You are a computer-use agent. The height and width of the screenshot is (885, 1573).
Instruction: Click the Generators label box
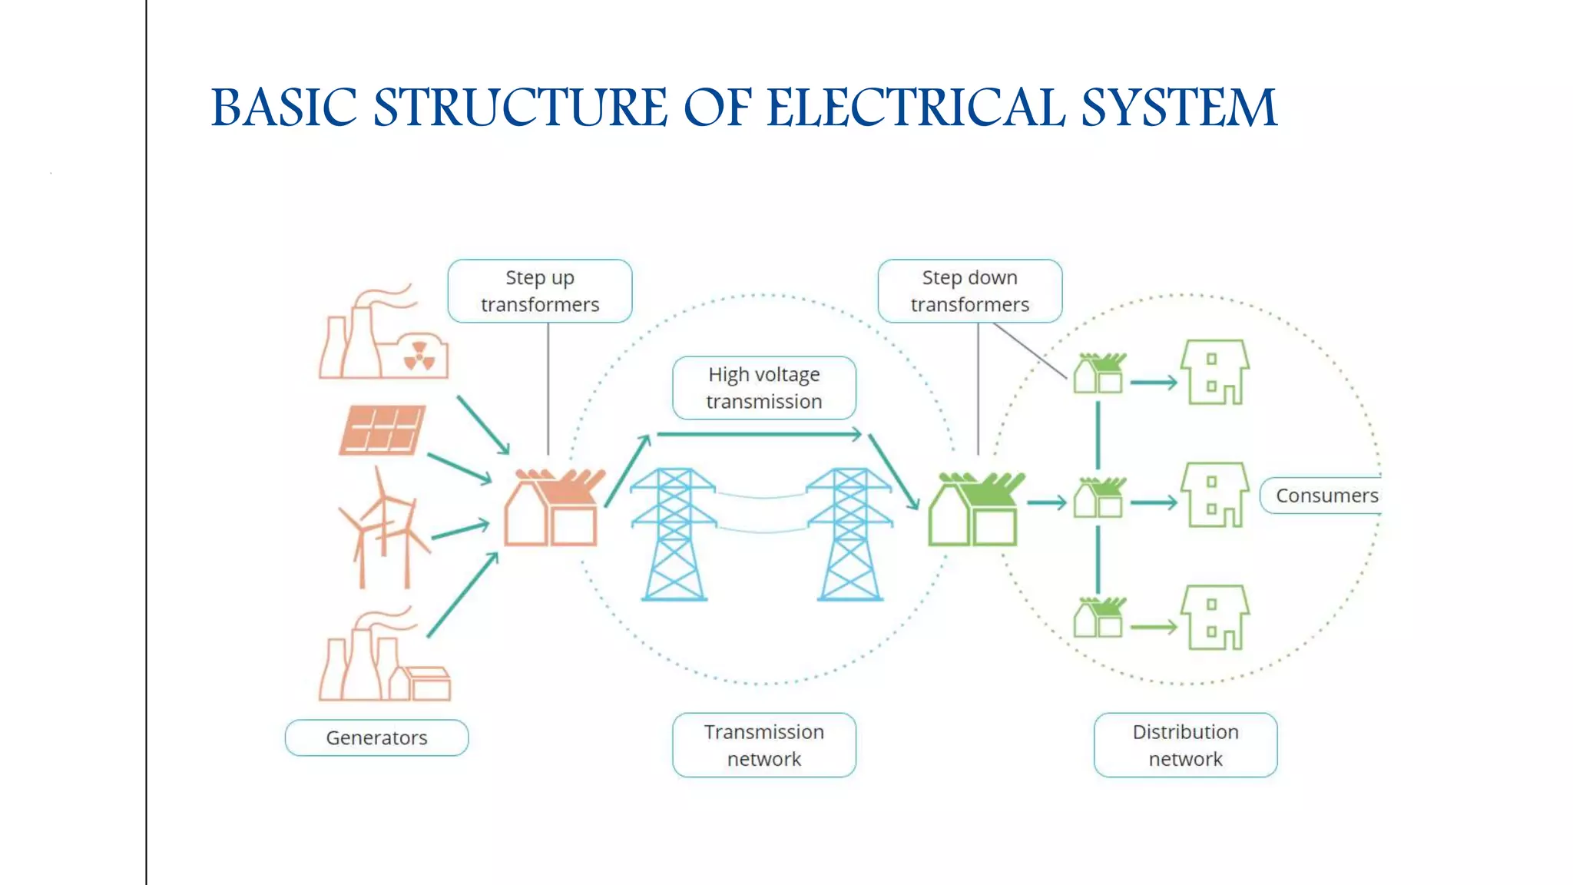tap(376, 737)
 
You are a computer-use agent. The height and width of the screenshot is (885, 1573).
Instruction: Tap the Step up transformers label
tap(540, 291)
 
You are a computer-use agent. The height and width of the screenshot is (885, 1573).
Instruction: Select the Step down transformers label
tap(969, 291)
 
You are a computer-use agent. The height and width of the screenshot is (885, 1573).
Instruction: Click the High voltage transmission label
tap(763, 388)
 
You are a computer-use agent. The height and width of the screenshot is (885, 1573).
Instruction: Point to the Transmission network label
tap(763, 745)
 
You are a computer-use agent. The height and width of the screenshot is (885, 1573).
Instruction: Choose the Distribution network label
tap(1185, 745)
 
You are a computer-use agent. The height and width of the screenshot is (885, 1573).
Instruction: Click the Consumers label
tap(1326, 496)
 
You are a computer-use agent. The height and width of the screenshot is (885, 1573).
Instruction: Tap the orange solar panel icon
tap(382, 430)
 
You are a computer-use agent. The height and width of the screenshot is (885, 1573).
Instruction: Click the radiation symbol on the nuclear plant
tap(419, 355)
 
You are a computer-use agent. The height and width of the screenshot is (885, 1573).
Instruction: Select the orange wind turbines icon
tap(384, 530)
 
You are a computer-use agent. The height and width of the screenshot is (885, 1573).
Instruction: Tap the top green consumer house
tap(1214, 373)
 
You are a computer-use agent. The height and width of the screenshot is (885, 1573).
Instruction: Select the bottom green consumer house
tap(1214, 618)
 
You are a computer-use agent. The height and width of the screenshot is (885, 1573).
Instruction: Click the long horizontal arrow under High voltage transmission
tap(759, 435)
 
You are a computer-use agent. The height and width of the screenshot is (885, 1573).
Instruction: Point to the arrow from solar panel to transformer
tap(459, 468)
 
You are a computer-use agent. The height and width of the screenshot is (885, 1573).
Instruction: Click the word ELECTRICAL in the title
tap(916, 108)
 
